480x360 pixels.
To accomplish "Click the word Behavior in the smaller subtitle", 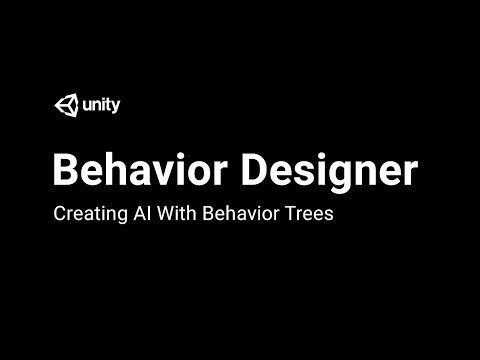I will (233, 214).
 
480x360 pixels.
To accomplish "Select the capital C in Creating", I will (58, 214).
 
